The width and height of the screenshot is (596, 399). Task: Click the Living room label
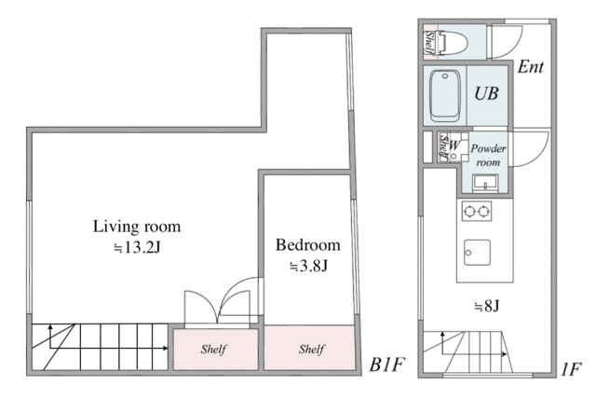pyautogui.click(x=137, y=227)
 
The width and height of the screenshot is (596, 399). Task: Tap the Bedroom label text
pyautogui.click(x=308, y=245)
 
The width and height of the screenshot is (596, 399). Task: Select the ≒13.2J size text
pyautogui.click(x=138, y=248)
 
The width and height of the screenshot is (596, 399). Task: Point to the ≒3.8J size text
pyautogui.click(x=308, y=266)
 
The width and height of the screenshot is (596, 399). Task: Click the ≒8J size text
pyautogui.click(x=486, y=306)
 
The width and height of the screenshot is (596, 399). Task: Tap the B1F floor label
pyautogui.click(x=386, y=365)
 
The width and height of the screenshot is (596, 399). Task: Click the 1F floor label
pyautogui.click(x=571, y=369)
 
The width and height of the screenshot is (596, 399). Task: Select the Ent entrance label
pyautogui.click(x=531, y=67)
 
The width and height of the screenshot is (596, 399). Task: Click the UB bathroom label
pyautogui.click(x=486, y=93)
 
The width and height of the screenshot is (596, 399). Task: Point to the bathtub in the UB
pyautogui.click(x=445, y=96)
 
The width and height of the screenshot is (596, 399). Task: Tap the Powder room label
pyautogui.click(x=488, y=155)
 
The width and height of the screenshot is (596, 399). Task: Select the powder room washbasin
pyautogui.click(x=485, y=183)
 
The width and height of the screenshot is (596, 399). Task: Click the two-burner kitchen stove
pyautogui.click(x=477, y=211)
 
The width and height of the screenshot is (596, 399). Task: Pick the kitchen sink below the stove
pyautogui.click(x=477, y=253)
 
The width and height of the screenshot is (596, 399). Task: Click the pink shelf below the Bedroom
pyautogui.click(x=310, y=348)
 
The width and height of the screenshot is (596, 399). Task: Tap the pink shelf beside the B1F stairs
pyautogui.click(x=215, y=350)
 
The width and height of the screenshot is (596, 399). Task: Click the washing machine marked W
pyautogui.click(x=454, y=146)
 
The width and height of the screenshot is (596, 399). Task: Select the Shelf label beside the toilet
pyautogui.click(x=429, y=43)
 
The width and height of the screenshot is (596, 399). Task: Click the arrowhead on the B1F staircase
pyautogui.click(x=166, y=348)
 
